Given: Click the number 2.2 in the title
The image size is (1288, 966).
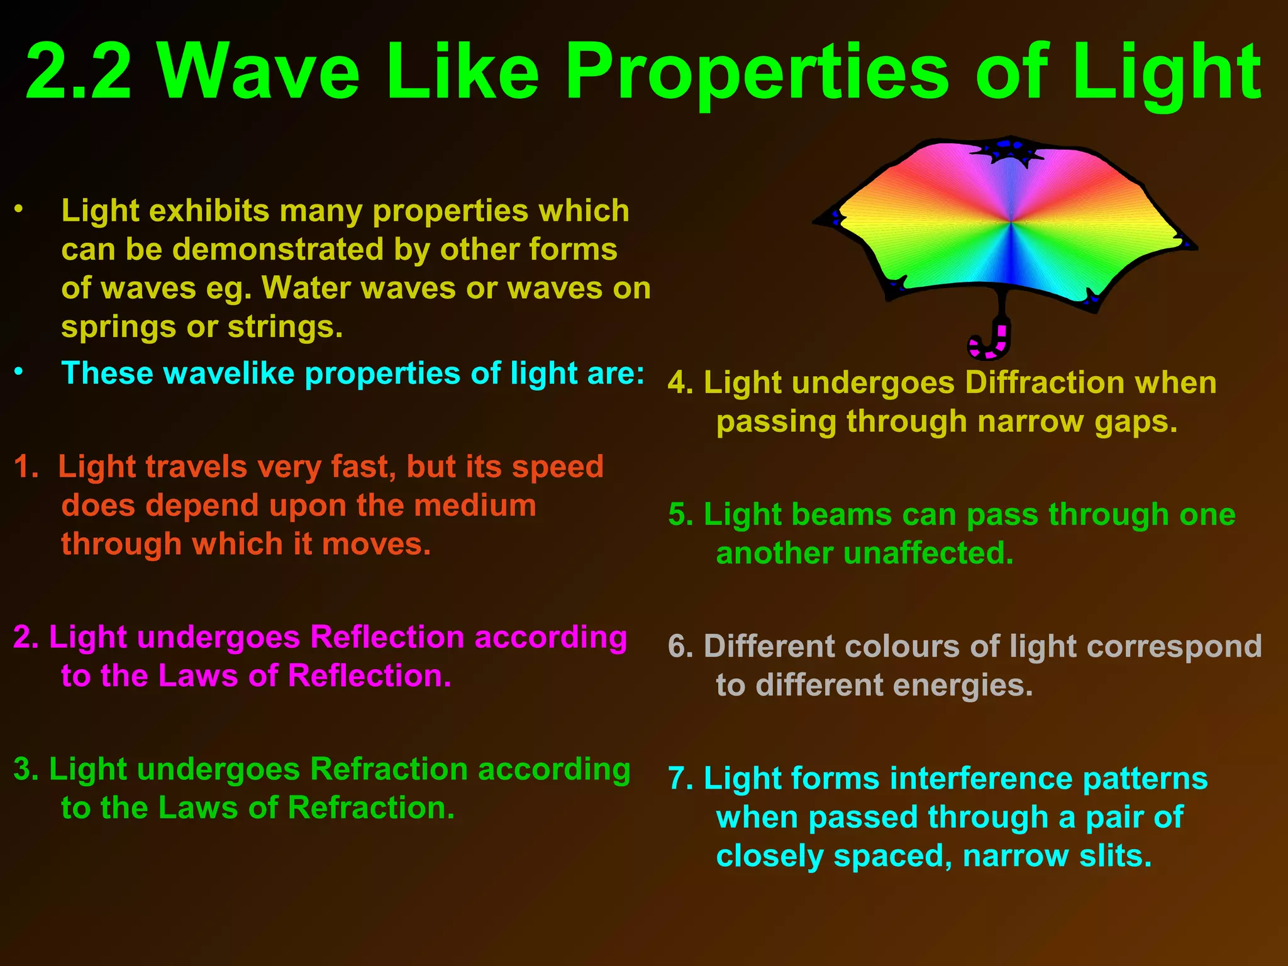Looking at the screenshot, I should click(x=78, y=72).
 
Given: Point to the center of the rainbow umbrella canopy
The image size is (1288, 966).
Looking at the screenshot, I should click(x=1010, y=222).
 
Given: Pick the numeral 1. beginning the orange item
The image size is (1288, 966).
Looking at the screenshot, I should click(x=26, y=467).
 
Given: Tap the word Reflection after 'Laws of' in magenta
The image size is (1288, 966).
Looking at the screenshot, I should click(x=369, y=676).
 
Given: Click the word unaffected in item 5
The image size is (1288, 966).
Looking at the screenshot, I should click(x=928, y=553).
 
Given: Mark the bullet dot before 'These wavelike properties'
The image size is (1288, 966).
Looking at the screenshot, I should click(x=19, y=372).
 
